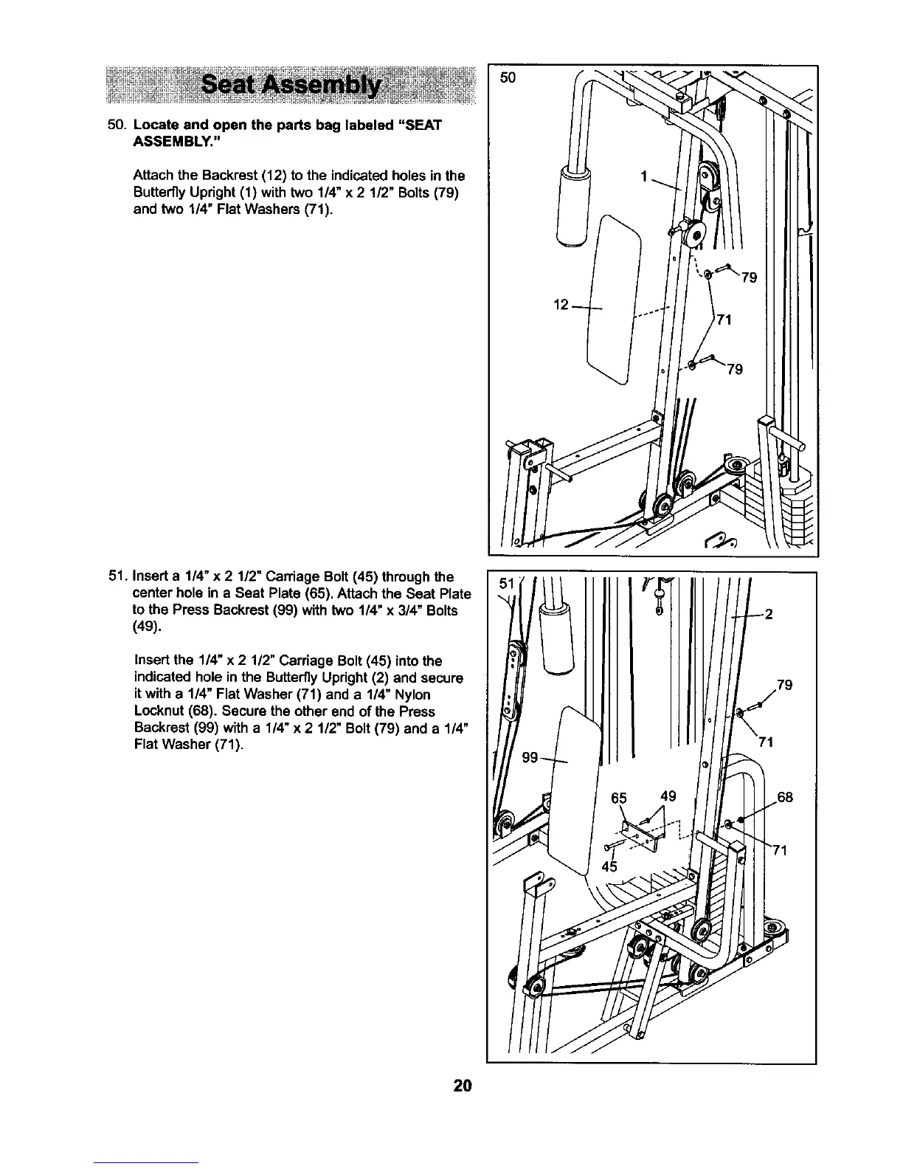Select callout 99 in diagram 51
(530, 757)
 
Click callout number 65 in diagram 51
(619, 797)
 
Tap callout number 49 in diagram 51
(668, 796)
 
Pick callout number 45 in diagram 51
(609, 865)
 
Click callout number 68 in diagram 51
(784, 797)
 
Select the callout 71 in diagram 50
(724, 319)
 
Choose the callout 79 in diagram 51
(784, 685)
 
